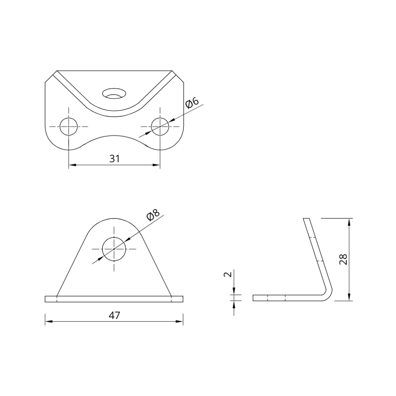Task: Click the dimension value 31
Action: pyautogui.click(x=114, y=158)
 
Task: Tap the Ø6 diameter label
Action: pyautogui.click(x=192, y=103)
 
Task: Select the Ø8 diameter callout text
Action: pyautogui.click(x=153, y=215)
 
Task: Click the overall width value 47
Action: pyautogui.click(x=114, y=315)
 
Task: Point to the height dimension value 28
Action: pyautogui.click(x=343, y=259)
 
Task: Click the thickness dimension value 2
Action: pyautogui.click(x=228, y=274)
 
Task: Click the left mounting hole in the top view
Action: pyautogui.click(x=68, y=126)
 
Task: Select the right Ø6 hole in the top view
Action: pyautogui.click(x=160, y=126)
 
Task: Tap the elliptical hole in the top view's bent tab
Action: pyautogui.click(x=114, y=93)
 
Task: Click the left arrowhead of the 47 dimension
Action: pyautogui.click(x=48, y=321)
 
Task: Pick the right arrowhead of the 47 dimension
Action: pyautogui.click(x=180, y=321)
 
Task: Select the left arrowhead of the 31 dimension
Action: pyautogui.click(x=72, y=165)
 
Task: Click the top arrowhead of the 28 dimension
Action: pyautogui.click(x=350, y=222)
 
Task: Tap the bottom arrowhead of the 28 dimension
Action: pyautogui.click(x=350, y=297)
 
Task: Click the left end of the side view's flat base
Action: pyautogui.click(x=254, y=298)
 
